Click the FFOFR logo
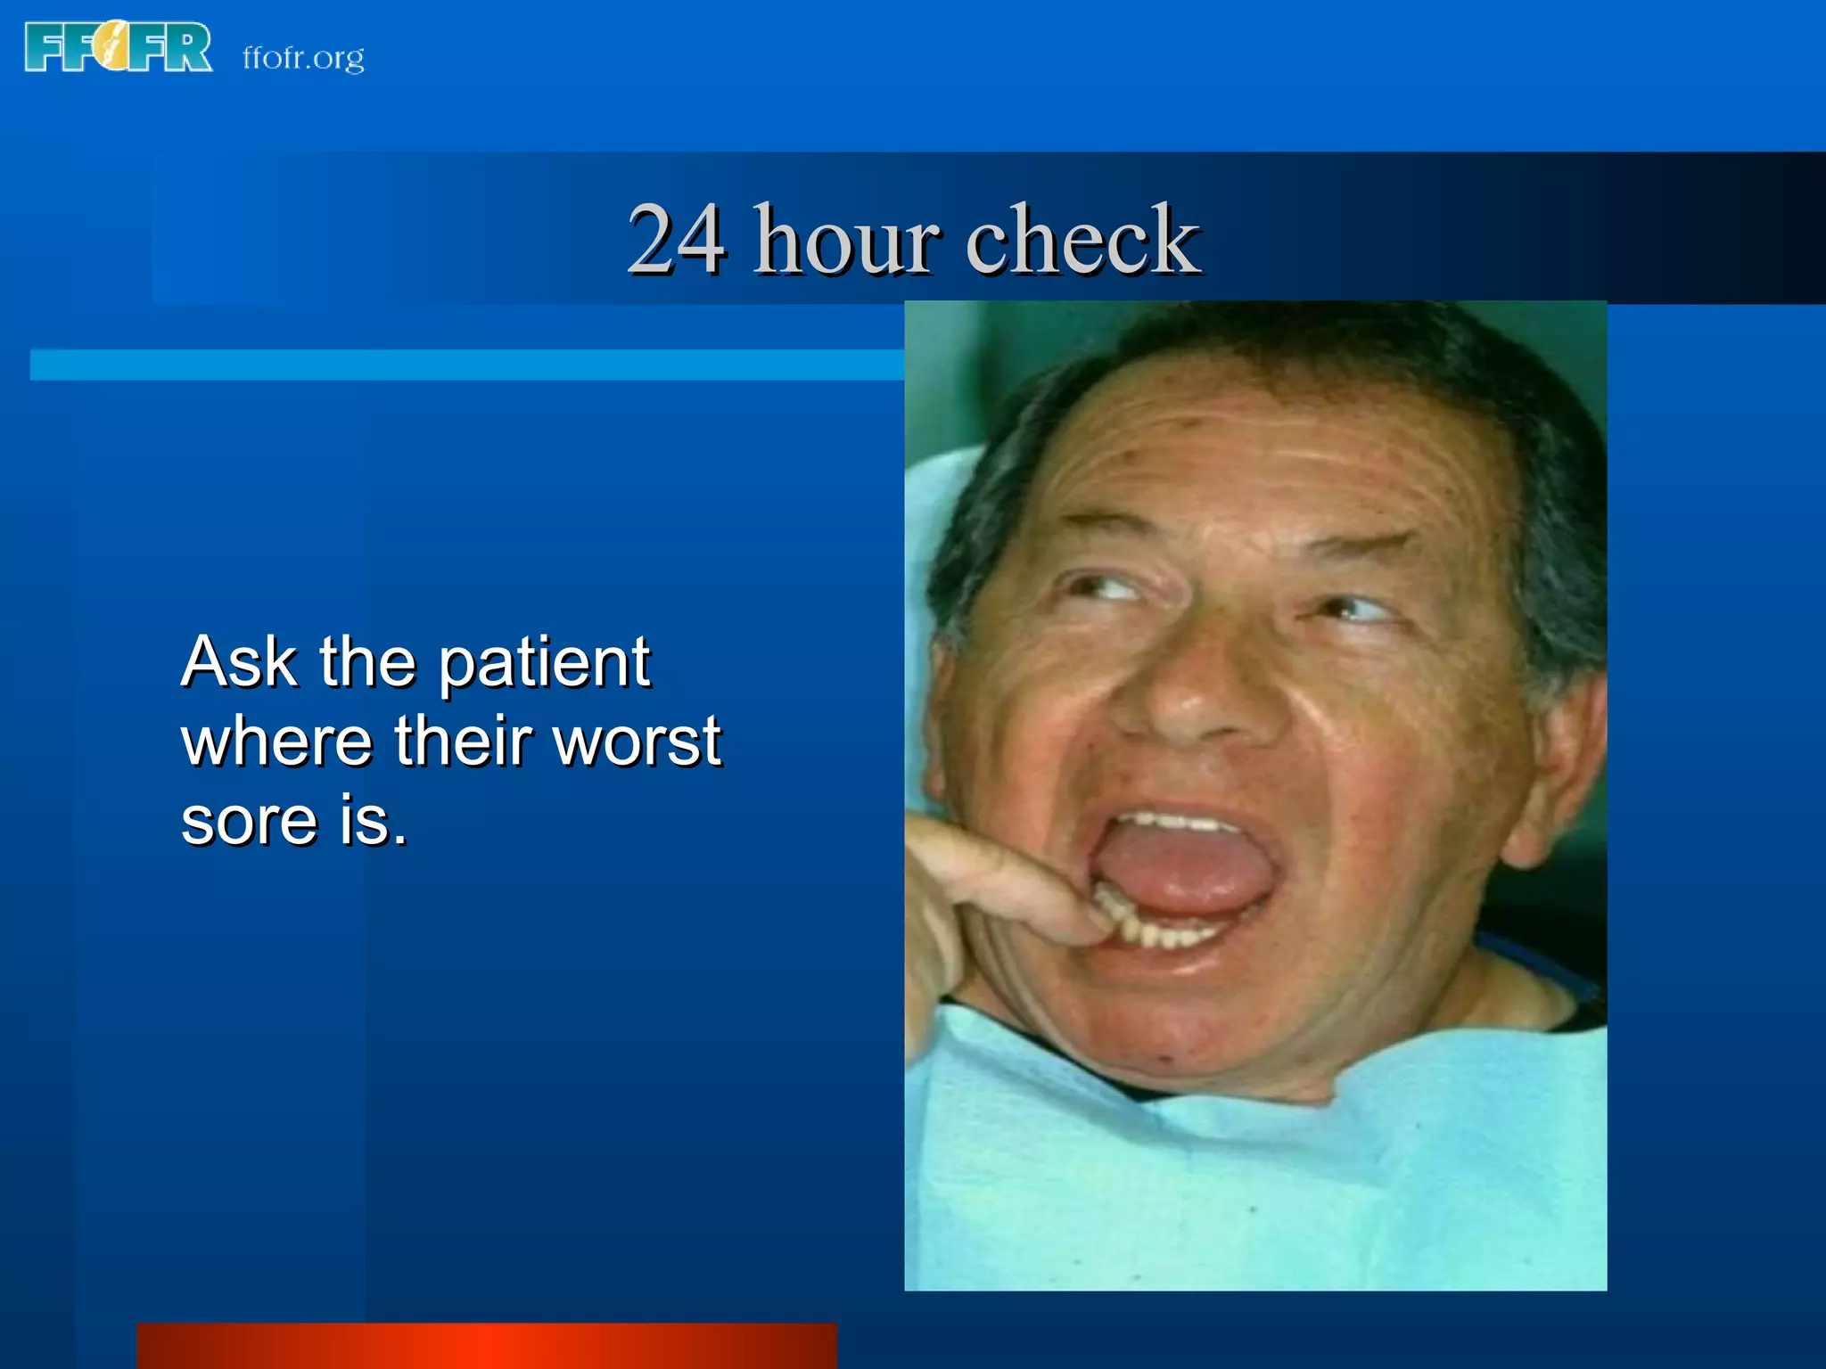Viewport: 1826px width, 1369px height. tap(119, 48)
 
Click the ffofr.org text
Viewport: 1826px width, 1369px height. tap(303, 58)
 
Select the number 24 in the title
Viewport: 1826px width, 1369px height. tap(676, 239)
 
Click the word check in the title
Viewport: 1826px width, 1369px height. tap(1082, 239)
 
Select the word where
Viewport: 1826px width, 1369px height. tap(276, 742)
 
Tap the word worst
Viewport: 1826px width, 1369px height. tap(637, 742)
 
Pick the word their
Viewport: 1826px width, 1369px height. tap(463, 742)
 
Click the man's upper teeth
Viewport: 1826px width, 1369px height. tap(1177, 821)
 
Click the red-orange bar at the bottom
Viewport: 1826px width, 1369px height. tap(486, 1346)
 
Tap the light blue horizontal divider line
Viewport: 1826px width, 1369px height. tap(464, 365)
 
